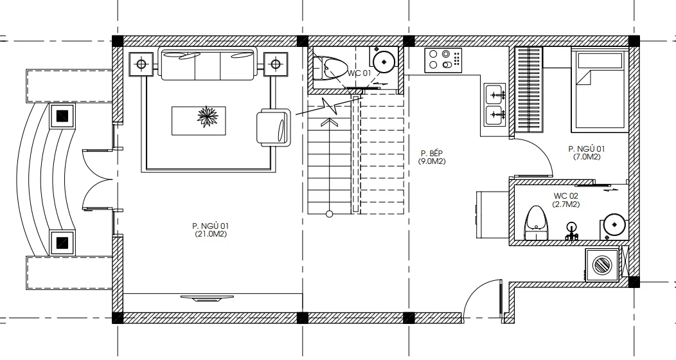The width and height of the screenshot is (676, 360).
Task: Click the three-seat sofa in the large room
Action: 208,64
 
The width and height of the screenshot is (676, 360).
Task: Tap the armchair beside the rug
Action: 274,127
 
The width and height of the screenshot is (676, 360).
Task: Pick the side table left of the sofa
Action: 140,64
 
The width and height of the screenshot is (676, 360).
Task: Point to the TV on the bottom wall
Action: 207,298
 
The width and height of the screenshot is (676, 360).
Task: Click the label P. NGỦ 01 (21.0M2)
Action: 210,230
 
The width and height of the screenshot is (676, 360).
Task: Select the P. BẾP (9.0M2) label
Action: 432,157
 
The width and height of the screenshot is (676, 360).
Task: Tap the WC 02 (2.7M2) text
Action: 565,200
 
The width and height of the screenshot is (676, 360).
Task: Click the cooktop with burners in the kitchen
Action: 443,60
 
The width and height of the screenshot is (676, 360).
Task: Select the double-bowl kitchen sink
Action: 495,104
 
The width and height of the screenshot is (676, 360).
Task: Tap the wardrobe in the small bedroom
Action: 529,89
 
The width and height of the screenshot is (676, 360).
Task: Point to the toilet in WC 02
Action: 536,223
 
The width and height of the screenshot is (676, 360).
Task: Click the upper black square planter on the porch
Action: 62,116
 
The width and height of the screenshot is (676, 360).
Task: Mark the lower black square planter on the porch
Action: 62,242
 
